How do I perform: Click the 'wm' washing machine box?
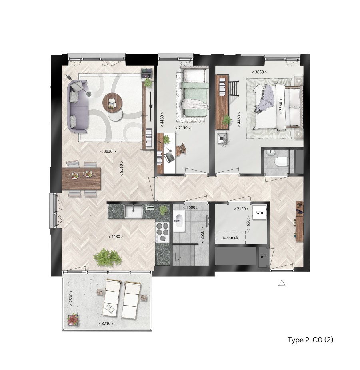point(260,212)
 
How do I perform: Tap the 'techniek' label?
point(230,238)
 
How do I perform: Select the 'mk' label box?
point(264,257)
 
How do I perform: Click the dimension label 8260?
point(122,168)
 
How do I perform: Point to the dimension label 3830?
point(108,151)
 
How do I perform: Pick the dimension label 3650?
point(259,72)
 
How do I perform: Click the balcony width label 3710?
point(106,324)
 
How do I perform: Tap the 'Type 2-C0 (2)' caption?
point(310,340)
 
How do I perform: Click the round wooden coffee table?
point(112,103)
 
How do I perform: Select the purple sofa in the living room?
point(77,107)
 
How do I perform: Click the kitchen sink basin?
point(134,211)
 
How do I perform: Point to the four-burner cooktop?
point(162,232)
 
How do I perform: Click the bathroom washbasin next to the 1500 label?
point(179,220)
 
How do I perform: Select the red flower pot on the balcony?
point(73,320)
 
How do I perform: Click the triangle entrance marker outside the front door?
point(282,283)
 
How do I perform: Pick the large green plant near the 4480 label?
point(108,258)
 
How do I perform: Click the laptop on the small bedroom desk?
point(169,157)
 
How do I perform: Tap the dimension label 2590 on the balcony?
point(71,298)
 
